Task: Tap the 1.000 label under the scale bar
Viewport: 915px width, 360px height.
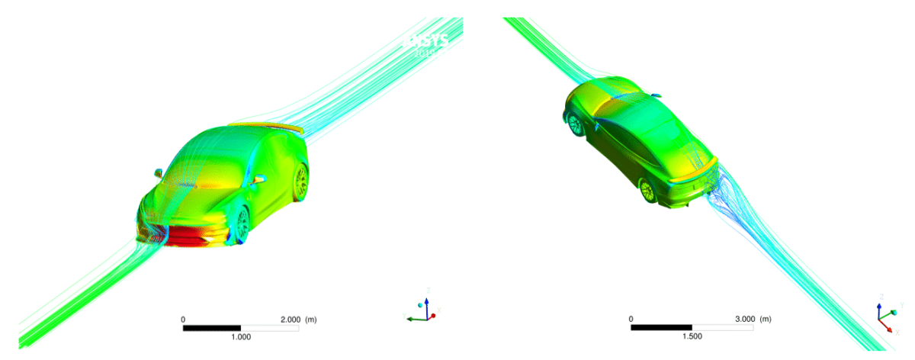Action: [x=241, y=336]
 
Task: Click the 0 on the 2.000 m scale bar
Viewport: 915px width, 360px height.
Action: [x=183, y=320]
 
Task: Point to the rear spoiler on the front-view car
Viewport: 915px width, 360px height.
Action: [x=267, y=127]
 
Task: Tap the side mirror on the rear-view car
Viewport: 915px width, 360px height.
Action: [x=655, y=97]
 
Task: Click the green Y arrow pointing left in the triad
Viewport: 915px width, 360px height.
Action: [x=413, y=319]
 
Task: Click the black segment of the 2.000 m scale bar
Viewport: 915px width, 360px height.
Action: [x=212, y=328]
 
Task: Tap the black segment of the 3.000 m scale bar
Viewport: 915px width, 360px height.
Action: [x=661, y=328]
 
